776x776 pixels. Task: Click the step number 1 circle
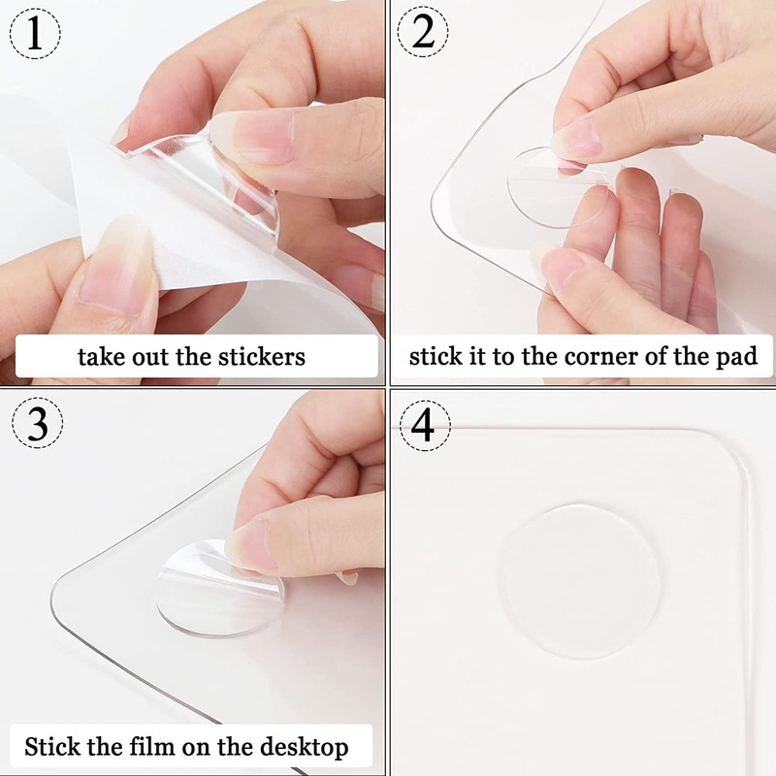[x=35, y=36]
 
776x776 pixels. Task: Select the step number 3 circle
[x=35, y=425]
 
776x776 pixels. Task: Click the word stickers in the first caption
[x=258, y=356]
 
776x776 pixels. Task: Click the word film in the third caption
[x=170, y=748]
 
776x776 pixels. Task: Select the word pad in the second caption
[x=736, y=356]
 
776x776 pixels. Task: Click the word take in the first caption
[x=100, y=356]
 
